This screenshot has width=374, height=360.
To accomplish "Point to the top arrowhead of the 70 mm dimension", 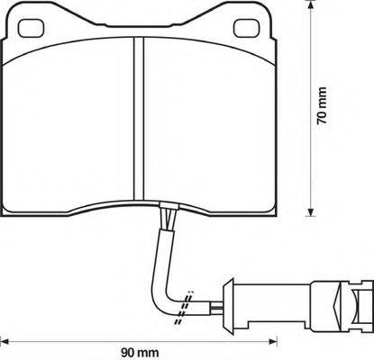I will click(x=311, y=11).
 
